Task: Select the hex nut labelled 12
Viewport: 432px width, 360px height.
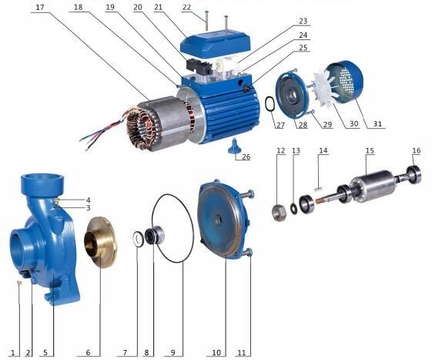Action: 279,214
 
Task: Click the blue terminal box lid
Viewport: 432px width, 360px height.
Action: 215,43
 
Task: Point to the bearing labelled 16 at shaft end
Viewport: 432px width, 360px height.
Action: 414,173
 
